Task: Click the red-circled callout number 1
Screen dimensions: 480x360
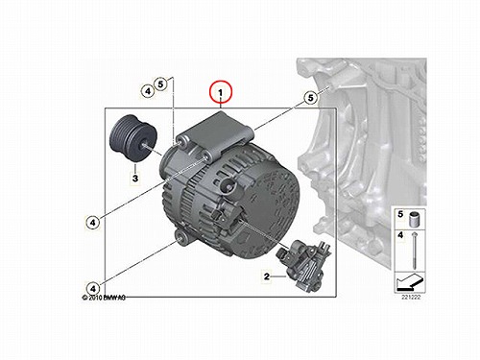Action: coord(221,92)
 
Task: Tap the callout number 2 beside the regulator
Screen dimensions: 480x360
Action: coord(267,276)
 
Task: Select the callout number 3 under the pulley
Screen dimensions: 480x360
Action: coord(135,178)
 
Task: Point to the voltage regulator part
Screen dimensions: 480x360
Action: coord(303,265)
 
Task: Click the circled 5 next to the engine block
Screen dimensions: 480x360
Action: coord(310,97)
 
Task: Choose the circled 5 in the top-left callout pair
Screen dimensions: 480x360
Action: coord(160,84)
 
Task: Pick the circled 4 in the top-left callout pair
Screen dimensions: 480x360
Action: coord(148,91)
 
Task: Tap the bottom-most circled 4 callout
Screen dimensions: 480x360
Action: coord(93,289)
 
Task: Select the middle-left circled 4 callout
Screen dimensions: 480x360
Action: coord(93,222)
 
